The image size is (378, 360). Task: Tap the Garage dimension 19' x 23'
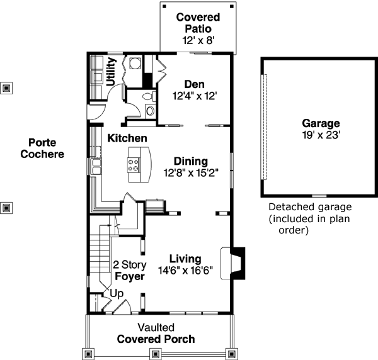(x=320, y=135)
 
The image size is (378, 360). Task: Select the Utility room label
(x=111, y=71)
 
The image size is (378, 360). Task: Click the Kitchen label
(x=127, y=138)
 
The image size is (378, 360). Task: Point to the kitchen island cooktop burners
(x=134, y=165)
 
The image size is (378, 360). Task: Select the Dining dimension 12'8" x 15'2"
(x=190, y=172)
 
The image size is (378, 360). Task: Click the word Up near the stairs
(x=117, y=293)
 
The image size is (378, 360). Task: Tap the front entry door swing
(x=123, y=307)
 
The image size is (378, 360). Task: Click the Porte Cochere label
(x=42, y=148)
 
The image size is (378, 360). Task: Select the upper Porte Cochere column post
(x=6, y=88)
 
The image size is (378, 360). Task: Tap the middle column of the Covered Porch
(x=158, y=352)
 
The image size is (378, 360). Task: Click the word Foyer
(x=130, y=276)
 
